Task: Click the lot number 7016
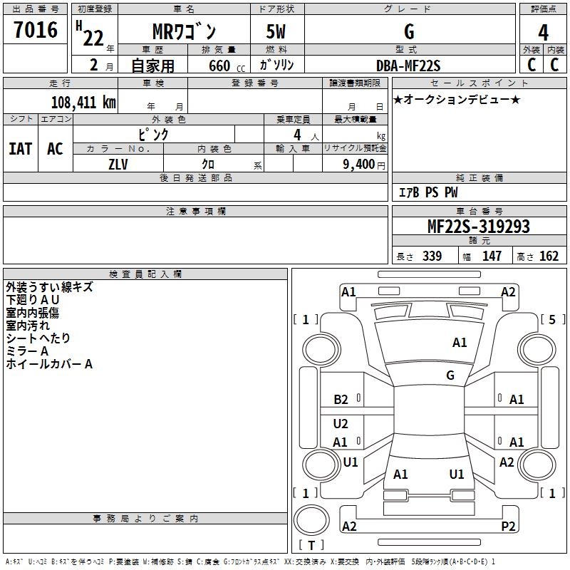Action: click(36, 29)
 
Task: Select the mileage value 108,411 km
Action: click(83, 103)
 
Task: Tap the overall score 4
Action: click(543, 33)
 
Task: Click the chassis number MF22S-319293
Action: click(478, 227)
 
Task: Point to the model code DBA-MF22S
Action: click(408, 66)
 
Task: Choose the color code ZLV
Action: click(118, 165)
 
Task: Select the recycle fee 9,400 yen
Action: click(364, 165)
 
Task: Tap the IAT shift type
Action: click(21, 149)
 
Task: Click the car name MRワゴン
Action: click(184, 31)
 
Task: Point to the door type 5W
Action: click(276, 31)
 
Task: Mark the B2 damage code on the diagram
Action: click(341, 400)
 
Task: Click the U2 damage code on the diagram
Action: click(341, 423)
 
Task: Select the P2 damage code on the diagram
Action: click(508, 526)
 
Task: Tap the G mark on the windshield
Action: click(450, 375)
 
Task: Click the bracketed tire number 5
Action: click(552, 319)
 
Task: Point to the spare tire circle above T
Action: click(311, 520)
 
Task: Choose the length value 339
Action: click(432, 256)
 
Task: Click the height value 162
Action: click(549, 256)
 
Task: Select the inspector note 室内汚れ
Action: click(28, 326)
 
